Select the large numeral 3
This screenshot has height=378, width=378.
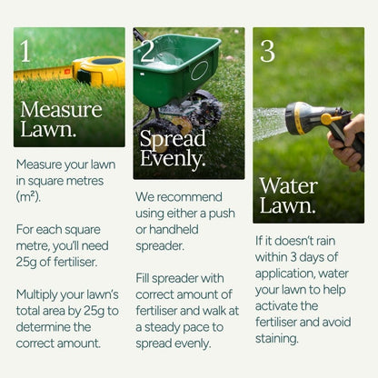click(x=267, y=51)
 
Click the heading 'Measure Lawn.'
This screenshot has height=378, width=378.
click(x=61, y=119)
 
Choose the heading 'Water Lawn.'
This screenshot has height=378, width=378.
click(x=288, y=195)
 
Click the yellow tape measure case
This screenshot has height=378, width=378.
click(x=99, y=70)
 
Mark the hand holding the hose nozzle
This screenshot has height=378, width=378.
click(x=350, y=141)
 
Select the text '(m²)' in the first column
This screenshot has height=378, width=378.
click(x=34, y=195)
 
